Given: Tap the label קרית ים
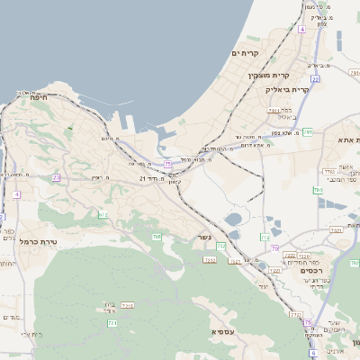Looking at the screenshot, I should coord(244,54).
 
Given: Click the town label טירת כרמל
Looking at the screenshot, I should coord(39,242).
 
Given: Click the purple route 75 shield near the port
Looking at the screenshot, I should coord(167,164).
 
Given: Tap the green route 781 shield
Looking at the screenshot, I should coord(308,131).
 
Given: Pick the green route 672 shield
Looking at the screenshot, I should coord(103,214).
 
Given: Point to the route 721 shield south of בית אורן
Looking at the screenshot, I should coord(112,322).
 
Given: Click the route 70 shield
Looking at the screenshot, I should coord(275,248).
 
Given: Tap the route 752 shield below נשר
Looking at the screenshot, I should coord(220,247).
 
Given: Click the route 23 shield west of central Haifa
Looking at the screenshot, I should coord(56,177).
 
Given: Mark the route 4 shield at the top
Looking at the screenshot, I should coord(302,30).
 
